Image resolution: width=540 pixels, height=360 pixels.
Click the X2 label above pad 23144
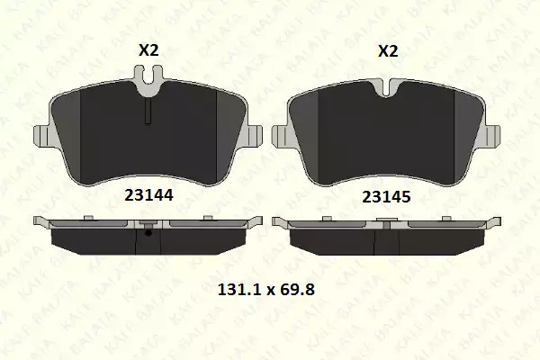pos(148,50)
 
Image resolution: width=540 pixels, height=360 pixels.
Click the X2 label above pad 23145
pos(388,51)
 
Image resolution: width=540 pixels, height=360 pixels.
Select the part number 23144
pos(148,195)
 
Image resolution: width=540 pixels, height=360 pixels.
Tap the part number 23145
pos(386,197)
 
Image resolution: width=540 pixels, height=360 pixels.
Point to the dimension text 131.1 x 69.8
pos(266,290)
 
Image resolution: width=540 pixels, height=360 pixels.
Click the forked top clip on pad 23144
pos(148,77)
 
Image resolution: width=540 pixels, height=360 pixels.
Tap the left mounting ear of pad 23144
pos(42,136)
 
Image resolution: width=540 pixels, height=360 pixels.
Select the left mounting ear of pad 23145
pos(281,137)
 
